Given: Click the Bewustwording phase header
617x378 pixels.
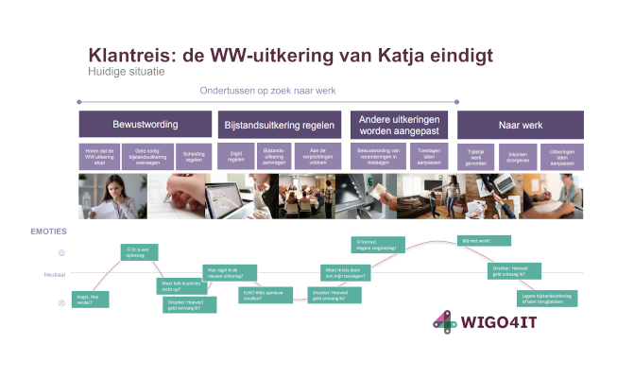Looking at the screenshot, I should pos(145,125).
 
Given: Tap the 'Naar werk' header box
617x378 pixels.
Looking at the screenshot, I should pos(520,125).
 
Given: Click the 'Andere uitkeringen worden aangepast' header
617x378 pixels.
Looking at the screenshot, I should pos(402,125).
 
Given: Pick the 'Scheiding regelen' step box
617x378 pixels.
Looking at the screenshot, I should pos(193,156).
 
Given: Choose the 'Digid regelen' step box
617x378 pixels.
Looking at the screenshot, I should pos(237,156).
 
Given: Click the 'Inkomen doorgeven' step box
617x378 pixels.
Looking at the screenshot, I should pos(519,156).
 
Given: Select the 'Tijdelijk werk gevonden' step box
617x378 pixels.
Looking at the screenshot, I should pos(476,156).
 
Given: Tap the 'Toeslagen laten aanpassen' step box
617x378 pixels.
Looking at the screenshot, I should pos(420,156).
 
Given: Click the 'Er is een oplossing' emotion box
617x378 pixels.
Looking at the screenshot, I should pos(140,252).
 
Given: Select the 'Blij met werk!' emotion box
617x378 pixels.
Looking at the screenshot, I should pos(484,242).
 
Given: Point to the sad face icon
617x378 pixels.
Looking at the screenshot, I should pos(61,302).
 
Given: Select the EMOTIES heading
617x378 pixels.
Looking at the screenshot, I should pos(49,232).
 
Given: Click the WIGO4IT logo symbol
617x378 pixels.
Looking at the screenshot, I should pos(445,321).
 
